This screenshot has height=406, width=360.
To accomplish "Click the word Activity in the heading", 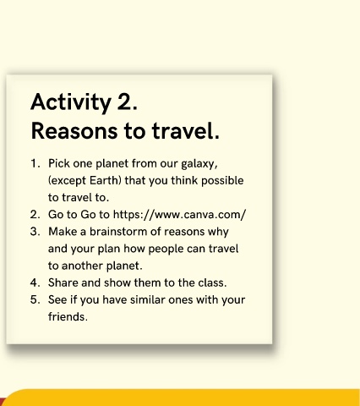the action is [71, 101].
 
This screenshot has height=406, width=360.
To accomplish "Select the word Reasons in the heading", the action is [74, 131].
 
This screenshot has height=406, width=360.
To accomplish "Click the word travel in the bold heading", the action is [186, 130].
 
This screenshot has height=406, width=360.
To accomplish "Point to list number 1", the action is [35, 163].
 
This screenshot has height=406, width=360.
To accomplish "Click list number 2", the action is [35, 215].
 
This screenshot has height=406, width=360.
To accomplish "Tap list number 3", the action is [35, 232].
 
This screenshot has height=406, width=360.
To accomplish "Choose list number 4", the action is [35, 283].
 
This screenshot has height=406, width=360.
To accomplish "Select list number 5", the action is [35, 299].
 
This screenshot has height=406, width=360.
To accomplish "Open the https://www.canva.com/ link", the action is [179, 215].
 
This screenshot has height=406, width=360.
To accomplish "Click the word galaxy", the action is [199, 164].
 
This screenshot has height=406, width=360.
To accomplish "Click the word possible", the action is [222, 181].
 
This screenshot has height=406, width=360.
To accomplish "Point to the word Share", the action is [63, 283].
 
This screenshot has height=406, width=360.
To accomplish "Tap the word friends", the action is [68, 316].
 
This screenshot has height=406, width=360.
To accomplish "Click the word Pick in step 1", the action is [59, 163].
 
